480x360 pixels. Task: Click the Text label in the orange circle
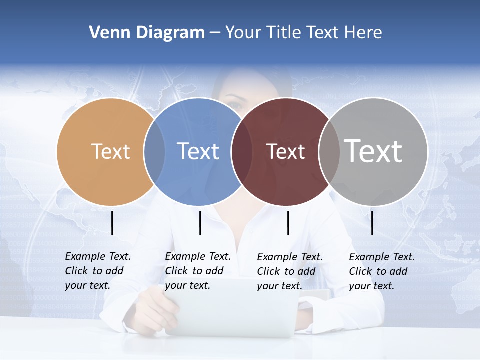pyautogui.click(x=110, y=151)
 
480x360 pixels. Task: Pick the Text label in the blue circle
pyautogui.click(x=198, y=151)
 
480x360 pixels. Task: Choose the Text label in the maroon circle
pyautogui.click(x=286, y=151)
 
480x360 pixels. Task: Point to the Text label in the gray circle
pyautogui.click(x=373, y=151)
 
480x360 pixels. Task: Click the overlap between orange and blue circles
pyautogui.click(x=154, y=151)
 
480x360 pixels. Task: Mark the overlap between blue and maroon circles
pyautogui.click(x=242, y=151)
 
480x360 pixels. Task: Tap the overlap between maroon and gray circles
pyautogui.click(x=329, y=151)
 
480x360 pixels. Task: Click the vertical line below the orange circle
pyautogui.click(x=112, y=223)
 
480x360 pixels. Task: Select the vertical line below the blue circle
pyautogui.click(x=200, y=223)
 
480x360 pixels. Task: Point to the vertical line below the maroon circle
pyautogui.click(x=288, y=223)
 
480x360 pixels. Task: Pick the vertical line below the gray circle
pyautogui.click(x=372, y=223)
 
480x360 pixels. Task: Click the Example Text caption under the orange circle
pyautogui.click(x=98, y=271)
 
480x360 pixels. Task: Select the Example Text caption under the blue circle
pyautogui.click(x=198, y=271)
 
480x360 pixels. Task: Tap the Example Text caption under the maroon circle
pyautogui.click(x=290, y=271)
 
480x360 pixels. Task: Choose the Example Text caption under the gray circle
pyautogui.click(x=382, y=271)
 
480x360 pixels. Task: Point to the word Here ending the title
pyautogui.click(x=363, y=33)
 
